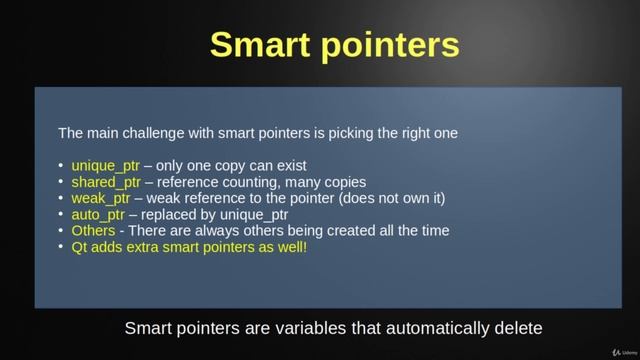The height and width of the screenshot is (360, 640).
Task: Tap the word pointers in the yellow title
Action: point(393,46)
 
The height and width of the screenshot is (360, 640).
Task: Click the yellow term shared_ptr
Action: point(105,182)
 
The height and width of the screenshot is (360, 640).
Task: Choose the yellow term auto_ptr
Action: point(97,214)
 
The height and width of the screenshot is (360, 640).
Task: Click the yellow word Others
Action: point(92,230)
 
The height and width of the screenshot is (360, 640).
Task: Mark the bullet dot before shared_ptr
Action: point(60,182)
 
